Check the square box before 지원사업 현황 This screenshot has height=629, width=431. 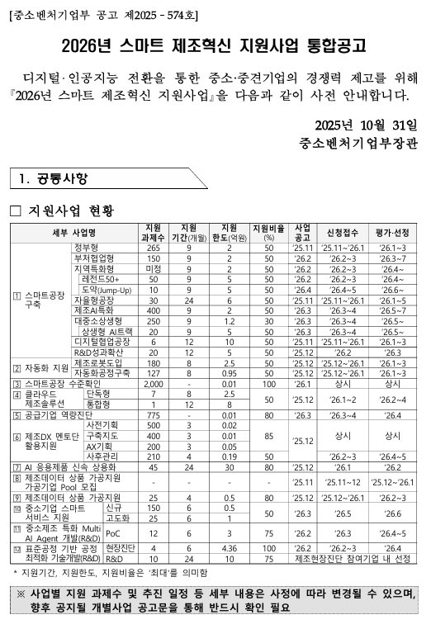[x=15, y=211]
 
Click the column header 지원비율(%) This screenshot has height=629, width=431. [x=268, y=231]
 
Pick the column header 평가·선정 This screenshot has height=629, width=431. [x=392, y=231]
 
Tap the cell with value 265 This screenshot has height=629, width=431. [x=153, y=247]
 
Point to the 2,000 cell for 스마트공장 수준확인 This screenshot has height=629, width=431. [x=154, y=384]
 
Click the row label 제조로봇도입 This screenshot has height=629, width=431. [x=97, y=362]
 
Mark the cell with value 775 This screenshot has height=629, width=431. [x=153, y=415]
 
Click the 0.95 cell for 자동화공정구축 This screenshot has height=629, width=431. [x=229, y=372]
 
